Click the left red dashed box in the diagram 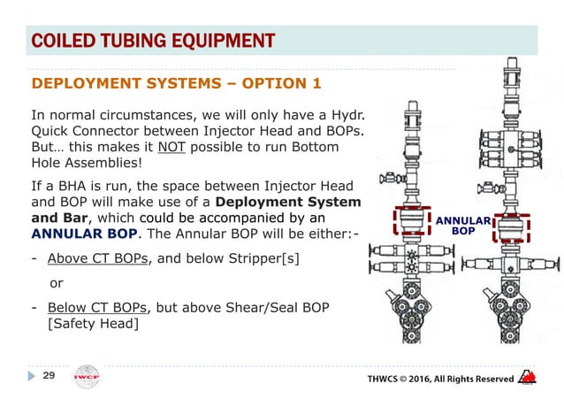click(408, 227)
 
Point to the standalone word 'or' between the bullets click(56, 284)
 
